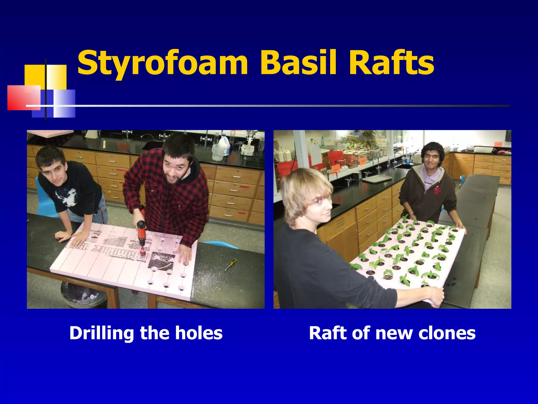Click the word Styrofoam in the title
tap(162, 63)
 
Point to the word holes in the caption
tap(199, 333)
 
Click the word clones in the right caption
tap(447, 333)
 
